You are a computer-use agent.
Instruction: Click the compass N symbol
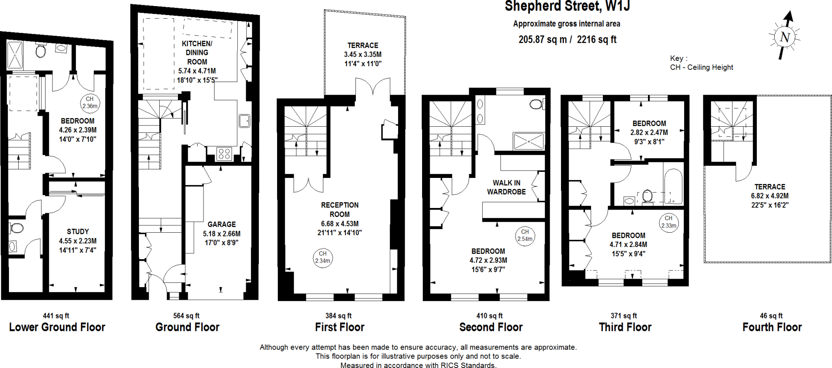pos(784,37)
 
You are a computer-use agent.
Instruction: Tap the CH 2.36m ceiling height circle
pos(90,103)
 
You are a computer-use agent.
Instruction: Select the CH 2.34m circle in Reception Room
pos(323,258)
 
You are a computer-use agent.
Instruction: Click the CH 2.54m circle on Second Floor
pos(525,236)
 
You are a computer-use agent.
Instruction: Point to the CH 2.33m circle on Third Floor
pos(668,222)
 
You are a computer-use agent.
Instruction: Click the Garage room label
pos(221,224)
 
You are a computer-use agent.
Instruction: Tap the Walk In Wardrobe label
pos(506,187)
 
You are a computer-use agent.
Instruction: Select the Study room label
pos(78,232)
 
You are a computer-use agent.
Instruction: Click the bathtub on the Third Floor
pos(673,186)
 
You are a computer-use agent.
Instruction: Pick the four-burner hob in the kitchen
pos(224,154)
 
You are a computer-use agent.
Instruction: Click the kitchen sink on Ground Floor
pos(244,121)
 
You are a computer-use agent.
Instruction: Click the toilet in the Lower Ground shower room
pos(41,51)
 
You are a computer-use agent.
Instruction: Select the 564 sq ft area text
pos(186,316)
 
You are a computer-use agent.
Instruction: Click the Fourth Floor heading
pos(772,327)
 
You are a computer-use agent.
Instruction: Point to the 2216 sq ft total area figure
pos(596,39)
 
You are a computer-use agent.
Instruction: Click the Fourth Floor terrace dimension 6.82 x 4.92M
pos(769,196)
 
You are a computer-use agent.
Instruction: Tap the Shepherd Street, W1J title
pos(567,6)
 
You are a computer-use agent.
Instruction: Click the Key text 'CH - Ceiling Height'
pos(701,67)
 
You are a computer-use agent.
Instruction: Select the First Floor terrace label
pos(362,45)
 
